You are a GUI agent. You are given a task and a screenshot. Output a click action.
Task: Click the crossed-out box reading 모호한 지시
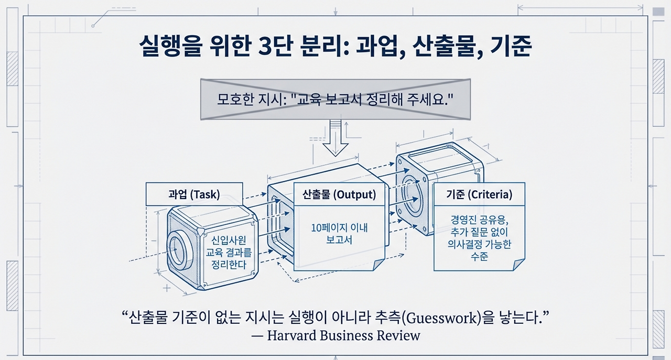click(335, 99)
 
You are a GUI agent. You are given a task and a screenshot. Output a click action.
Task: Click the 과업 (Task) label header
click(194, 194)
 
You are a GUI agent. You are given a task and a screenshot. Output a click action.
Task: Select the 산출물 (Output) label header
click(339, 195)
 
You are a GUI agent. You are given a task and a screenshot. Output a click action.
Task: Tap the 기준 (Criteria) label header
click(479, 195)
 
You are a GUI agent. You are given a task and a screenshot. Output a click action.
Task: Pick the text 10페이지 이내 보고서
click(339, 234)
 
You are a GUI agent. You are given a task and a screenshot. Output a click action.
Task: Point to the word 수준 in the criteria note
click(479, 257)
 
